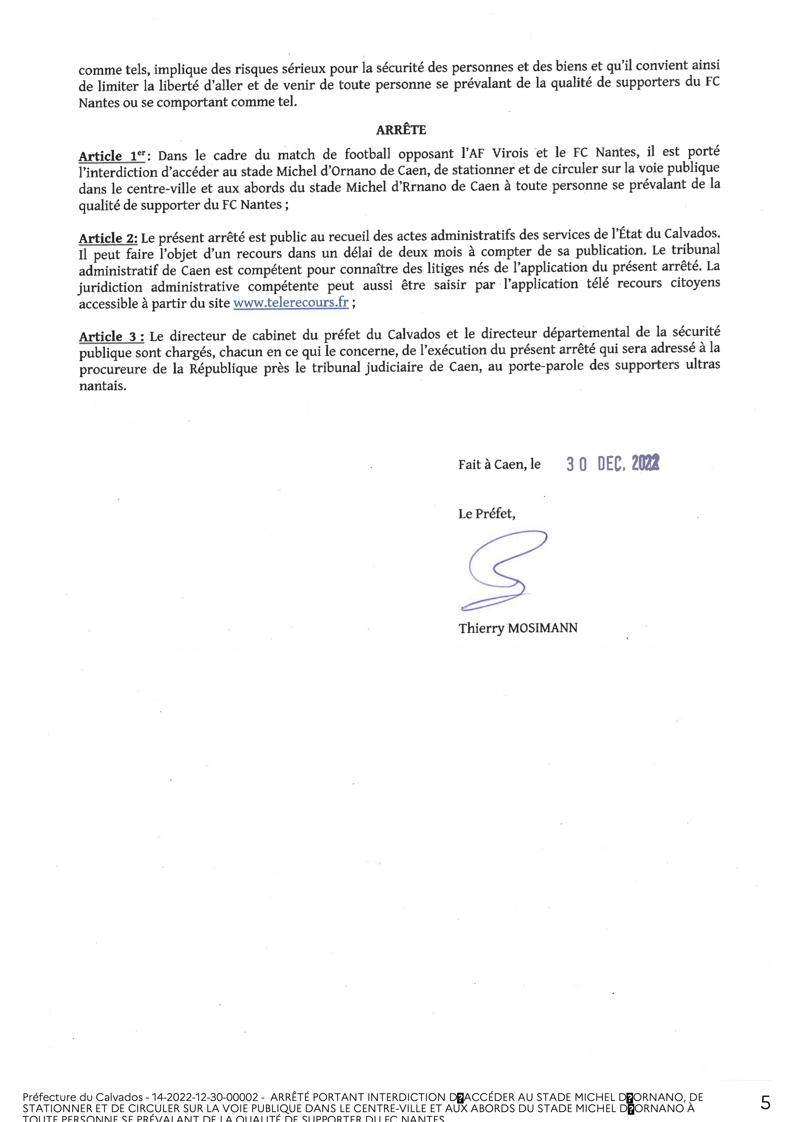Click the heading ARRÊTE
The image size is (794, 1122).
[401, 130]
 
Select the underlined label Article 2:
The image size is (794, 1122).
[108, 238]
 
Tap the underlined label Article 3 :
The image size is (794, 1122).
[111, 337]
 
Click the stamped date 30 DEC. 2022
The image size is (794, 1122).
[612, 463]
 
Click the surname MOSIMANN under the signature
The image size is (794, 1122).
[543, 628]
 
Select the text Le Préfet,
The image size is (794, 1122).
[486, 513]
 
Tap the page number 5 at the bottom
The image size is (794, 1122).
[765, 1103]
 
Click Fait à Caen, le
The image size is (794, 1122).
[499, 464]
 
